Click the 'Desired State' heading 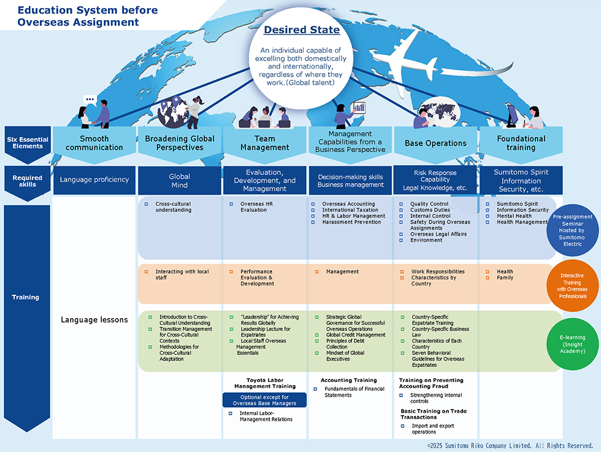click(302, 30)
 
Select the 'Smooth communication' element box click(94, 143)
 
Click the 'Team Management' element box click(265, 143)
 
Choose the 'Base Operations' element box click(435, 143)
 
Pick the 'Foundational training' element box click(521, 143)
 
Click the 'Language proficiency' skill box click(94, 180)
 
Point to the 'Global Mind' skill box click(179, 181)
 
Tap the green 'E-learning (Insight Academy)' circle click(572, 344)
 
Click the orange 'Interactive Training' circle click(572, 286)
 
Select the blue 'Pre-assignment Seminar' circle click(572, 230)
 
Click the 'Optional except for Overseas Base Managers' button click(264, 400)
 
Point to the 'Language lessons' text click(94, 319)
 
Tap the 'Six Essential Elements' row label click(28, 143)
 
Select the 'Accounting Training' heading click(349, 380)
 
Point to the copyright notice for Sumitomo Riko click(510, 445)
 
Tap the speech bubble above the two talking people click(90, 100)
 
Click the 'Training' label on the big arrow click(25, 297)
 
